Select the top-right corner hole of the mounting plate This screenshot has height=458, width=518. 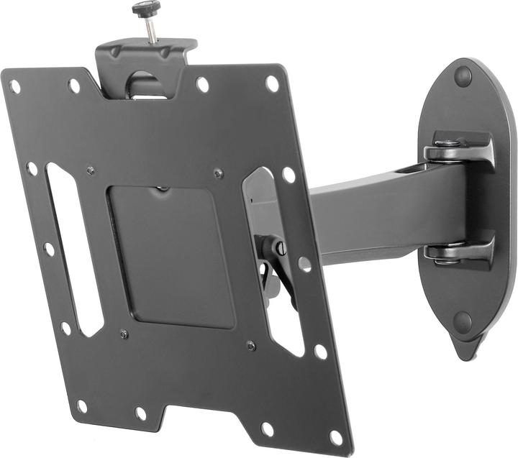(272, 83)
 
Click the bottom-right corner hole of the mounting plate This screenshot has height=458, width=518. (335, 436)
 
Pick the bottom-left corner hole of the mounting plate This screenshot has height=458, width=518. (81, 406)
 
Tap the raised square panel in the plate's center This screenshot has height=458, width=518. (171, 256)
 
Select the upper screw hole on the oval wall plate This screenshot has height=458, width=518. (462, 76)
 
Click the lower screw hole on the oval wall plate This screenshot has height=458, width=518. (463, 321)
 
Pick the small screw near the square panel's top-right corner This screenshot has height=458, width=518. (218, 173)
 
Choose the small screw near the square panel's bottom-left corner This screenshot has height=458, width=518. (124, 334)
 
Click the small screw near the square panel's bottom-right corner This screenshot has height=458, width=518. (250, 346)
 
